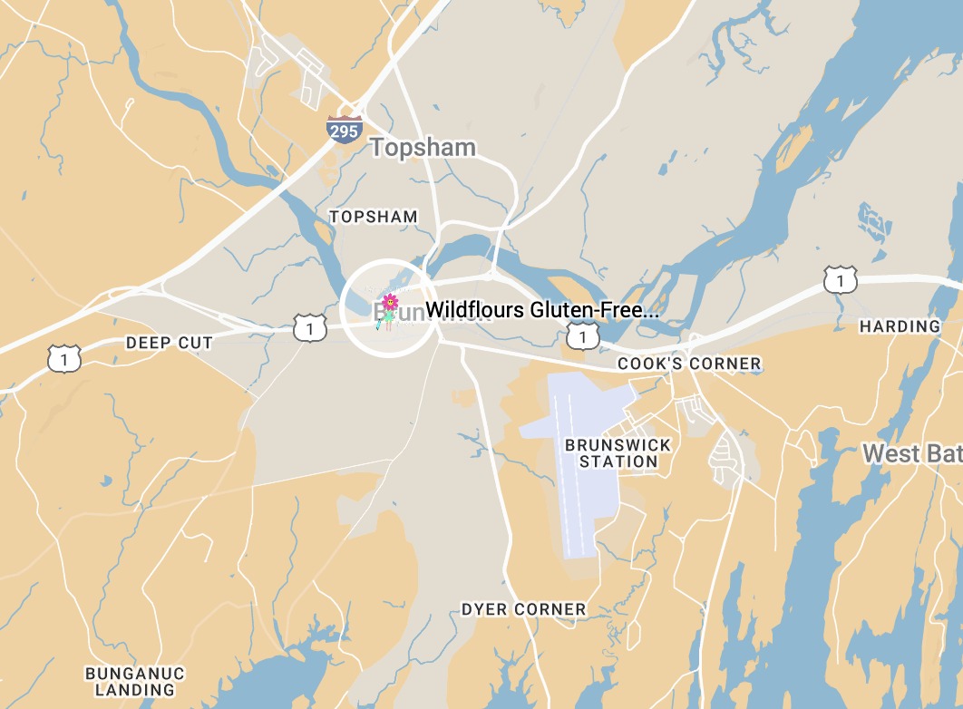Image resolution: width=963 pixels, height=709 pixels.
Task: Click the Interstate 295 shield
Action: click(x=345, y=129)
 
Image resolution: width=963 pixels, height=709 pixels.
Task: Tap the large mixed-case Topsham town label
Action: click(x=423, y=148)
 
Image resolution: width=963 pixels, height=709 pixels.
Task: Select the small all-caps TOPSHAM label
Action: click(x=374, y=217)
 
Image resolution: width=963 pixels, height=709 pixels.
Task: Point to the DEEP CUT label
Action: click(x=170, y=343)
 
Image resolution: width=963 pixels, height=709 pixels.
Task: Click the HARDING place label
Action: click(x=900, y=326)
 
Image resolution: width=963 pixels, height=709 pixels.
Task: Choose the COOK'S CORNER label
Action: click(x=689, y=364)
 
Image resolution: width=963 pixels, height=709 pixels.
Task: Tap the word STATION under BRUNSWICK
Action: click(x=618, y=461)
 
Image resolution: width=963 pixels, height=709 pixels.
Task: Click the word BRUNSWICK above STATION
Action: click(x=618, y=445)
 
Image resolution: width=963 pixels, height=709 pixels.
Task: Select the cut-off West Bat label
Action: click(x=911, y=453)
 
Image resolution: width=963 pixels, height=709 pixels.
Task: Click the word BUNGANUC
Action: click(x=135, y=674)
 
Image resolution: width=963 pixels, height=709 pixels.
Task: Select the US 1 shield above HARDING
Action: click(x=840, y=279)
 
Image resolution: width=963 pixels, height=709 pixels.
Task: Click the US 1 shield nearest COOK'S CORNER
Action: click(x=582, y=336)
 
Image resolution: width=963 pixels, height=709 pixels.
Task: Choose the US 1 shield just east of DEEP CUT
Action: click(x=310, y=327)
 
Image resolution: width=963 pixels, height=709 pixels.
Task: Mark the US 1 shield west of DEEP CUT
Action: click(x=65, y=360)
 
